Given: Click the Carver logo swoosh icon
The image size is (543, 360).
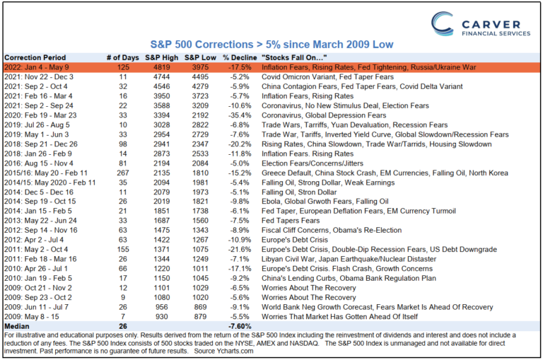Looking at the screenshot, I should (444, 27).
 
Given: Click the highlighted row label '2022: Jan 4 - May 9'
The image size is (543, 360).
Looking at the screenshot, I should (42, 67).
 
